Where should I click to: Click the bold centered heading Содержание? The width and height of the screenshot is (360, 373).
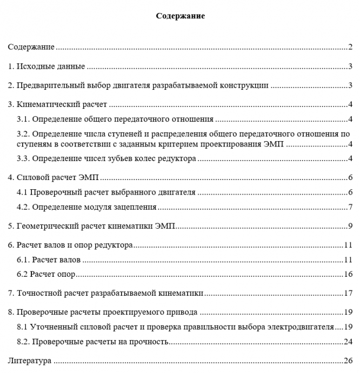pyautogui.click(x=180, y=16)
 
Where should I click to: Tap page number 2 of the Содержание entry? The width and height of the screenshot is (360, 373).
pyautogui.click(x=350, y=48)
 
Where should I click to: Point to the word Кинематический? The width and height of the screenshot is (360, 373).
pyautogui.click(x=49, y=104)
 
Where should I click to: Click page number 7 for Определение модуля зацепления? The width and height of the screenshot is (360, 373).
pyautogui.click(x=350, y=207)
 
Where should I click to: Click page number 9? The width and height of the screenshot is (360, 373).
pyautogui.click(x=350, y=226)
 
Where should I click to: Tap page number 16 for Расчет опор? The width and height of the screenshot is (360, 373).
pyautogui.click(x=348, y=274)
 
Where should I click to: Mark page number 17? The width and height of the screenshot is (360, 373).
pyautogui.click(x=348, y=294)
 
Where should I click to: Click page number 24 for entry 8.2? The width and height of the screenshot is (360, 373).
pyautogui.click(x=348, y=341)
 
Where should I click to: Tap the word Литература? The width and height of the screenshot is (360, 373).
pyautogui.click(x=29, y=360)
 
